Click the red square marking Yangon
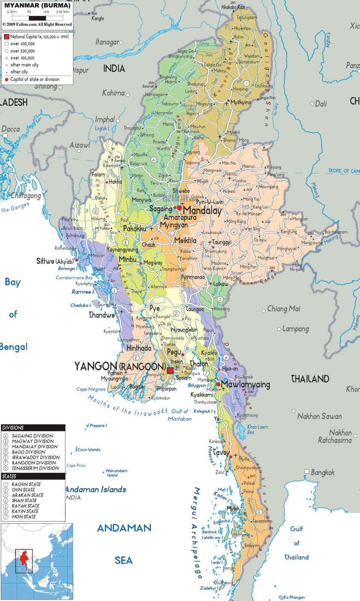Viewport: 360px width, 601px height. tap(170, 371)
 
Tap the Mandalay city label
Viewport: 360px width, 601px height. tap(202, 210)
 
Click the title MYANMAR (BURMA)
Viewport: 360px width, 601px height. tap(37, 6)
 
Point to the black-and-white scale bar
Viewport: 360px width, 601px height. tap(37, 18)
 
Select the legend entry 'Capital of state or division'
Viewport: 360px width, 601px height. tap(35, 79)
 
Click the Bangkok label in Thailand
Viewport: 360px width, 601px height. tap(322, 473)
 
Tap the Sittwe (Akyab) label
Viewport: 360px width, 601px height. tap(55, 261)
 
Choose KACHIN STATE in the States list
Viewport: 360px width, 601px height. tap(26, 485)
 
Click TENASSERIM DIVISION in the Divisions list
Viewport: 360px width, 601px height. tap(35, 468)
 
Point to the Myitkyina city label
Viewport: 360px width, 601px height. tap(241, 102)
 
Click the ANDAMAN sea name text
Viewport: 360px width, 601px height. tap(124, 528)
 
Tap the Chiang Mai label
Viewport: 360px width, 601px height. tap(283, 309)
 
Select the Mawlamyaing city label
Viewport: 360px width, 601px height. tap(245, 385)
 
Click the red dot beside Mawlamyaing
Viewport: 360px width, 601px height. tap(218, 384)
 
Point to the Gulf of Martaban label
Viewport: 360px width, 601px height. tap(180, 415)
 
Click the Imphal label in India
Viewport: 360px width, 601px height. tap(105, 120)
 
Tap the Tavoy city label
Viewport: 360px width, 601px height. tap(221, 452)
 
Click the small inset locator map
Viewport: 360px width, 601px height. tap(37, 561)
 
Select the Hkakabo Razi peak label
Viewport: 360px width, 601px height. tap(233, 7)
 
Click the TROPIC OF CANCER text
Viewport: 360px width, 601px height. tap(343, 171)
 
